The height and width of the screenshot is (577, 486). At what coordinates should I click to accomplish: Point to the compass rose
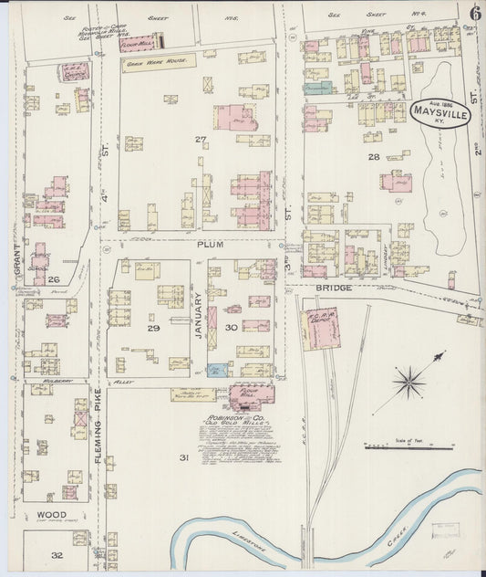[409, 381]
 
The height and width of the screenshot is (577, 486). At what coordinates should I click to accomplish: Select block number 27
[200, 139]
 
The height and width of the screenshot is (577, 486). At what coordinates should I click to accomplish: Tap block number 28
[373, 157]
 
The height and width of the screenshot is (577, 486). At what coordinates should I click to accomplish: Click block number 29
[153, 328]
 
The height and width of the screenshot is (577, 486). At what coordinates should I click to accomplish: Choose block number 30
[232, 328]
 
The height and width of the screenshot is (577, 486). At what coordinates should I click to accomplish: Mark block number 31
[182, 457]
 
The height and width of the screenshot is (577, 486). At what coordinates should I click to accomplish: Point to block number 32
[57, 554]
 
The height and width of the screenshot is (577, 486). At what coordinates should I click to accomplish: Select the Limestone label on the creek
[250, 539]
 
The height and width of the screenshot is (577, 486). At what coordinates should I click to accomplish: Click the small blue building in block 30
[216, 371]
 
